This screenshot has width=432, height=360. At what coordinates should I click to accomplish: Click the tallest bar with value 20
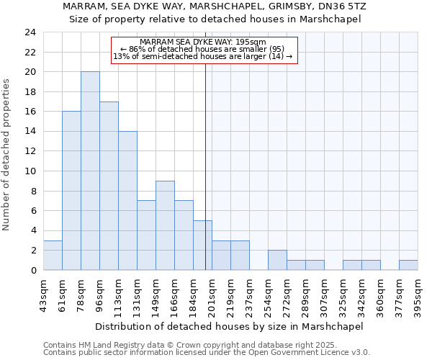tap(90, 171)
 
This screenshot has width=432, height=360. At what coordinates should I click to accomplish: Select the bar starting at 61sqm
tap(71, 191)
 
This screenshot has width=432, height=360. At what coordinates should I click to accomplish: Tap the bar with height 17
tap(109, 186)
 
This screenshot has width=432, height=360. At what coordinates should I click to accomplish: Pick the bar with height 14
tap(127, 201)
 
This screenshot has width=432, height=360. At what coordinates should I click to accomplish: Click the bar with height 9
tap(165, 225)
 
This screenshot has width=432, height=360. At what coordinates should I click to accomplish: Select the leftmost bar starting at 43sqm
tap(53, 255)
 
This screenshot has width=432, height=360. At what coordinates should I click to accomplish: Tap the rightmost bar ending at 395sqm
tap(408, 265)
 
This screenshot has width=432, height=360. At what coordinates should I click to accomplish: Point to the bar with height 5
tap(202, 245)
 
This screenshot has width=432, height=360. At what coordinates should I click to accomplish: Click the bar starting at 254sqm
tap(277, 260)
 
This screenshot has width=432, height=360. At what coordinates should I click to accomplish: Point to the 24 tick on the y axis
tap(30, 32)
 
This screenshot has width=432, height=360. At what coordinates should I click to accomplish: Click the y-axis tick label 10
tap(30, 171)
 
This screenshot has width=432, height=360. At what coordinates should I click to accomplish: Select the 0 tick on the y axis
tap(33, 270)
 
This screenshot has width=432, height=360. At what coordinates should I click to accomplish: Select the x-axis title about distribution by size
tap(229, 326)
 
